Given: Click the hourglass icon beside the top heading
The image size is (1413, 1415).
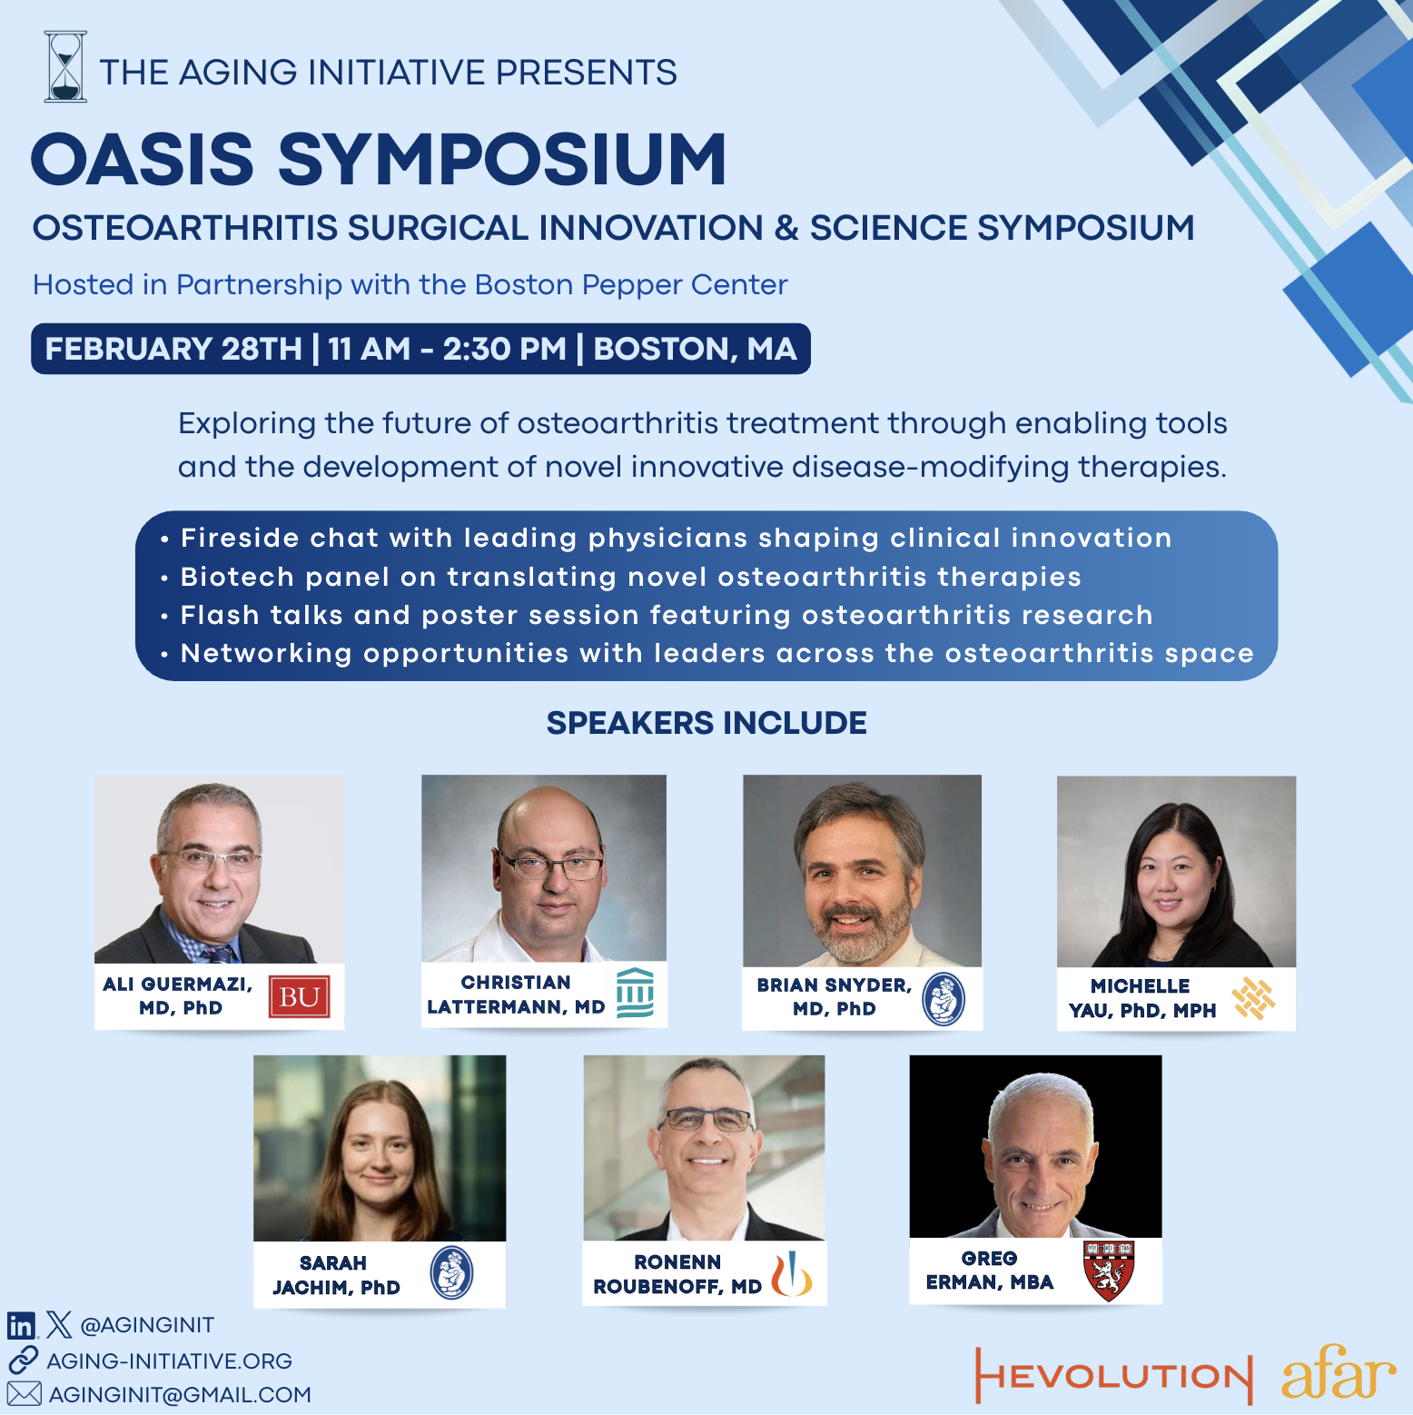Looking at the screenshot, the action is point(65,66).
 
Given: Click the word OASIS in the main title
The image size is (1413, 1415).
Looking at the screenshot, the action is point(143,159).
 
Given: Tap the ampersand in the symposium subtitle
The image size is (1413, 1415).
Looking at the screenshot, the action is point(786,228).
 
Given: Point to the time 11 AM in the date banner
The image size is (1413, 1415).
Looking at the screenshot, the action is point(370,349).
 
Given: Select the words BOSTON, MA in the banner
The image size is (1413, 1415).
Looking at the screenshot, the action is point(695,349).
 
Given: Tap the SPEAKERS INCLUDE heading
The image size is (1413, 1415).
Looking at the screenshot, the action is point(706,723).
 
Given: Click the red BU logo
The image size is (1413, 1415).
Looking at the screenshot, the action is point(299,996).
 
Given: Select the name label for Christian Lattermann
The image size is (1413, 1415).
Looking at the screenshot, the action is point(516,994).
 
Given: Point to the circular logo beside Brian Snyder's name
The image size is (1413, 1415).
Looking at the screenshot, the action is point(944,999).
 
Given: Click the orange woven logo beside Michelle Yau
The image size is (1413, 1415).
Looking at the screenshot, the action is point(1253,998).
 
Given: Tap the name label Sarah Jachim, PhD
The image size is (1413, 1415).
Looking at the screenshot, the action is point(336,1275).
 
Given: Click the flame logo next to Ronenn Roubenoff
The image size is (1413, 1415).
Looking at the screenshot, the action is point(791,1273).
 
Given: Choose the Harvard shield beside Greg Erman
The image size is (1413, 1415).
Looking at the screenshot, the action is point(1109,1271).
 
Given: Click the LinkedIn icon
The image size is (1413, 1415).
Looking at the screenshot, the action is point(21,1326).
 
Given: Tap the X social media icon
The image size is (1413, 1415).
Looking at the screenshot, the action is point(59,1325).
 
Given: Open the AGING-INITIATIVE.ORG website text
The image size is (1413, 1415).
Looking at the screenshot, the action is point(170,1361).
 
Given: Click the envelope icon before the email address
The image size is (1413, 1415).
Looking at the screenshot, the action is point(25,1394).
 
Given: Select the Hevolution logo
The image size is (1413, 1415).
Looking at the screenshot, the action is point(1113,1375).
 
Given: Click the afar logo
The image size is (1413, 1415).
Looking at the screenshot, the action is point(1339,1373).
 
